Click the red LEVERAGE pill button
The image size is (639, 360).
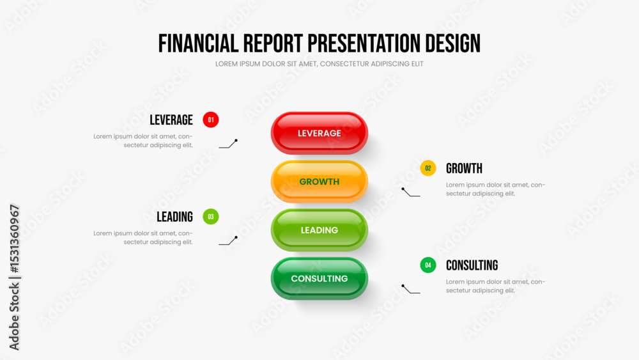pos(319,133)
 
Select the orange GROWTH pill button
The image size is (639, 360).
pos(319,182)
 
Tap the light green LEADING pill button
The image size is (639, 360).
pos(319,230)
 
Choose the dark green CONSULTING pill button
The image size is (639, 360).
pos(319,278)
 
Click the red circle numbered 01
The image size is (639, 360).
pos(211,120)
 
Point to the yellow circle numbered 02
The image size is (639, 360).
pos(428,168)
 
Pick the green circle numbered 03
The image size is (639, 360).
pos(211,217)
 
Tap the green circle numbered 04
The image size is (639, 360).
pos(428,265)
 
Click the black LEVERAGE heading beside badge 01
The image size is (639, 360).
pos(171,120)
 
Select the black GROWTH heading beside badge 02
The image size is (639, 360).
pos(464,168)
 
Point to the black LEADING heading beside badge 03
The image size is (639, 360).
pos(175,217)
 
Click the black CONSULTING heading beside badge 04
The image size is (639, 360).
pos(472,265)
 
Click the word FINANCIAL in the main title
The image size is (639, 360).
pos(198,43)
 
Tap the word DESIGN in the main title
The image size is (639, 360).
pos(453,43)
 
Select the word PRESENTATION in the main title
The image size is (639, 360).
pos(364,43)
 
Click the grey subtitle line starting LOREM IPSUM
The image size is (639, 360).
pos(319,64)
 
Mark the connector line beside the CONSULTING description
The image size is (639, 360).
pos(410,289)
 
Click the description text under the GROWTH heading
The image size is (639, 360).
pos(495,189)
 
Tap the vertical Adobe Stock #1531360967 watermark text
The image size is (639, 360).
pos(14,278)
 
